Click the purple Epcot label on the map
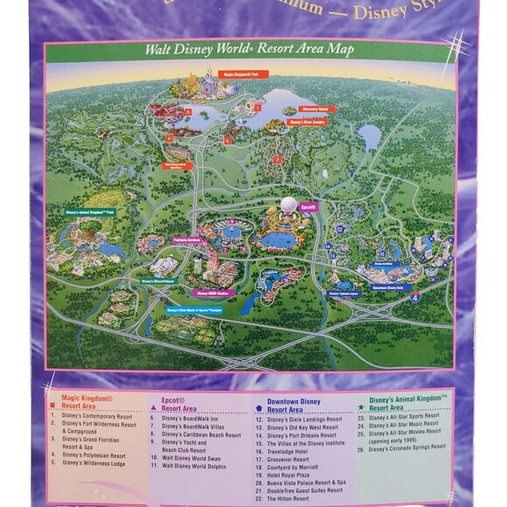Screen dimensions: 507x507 tap(308, 206)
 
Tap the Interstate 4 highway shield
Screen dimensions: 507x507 tap(415, 297)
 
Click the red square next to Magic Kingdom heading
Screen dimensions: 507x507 tap(54, 407)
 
